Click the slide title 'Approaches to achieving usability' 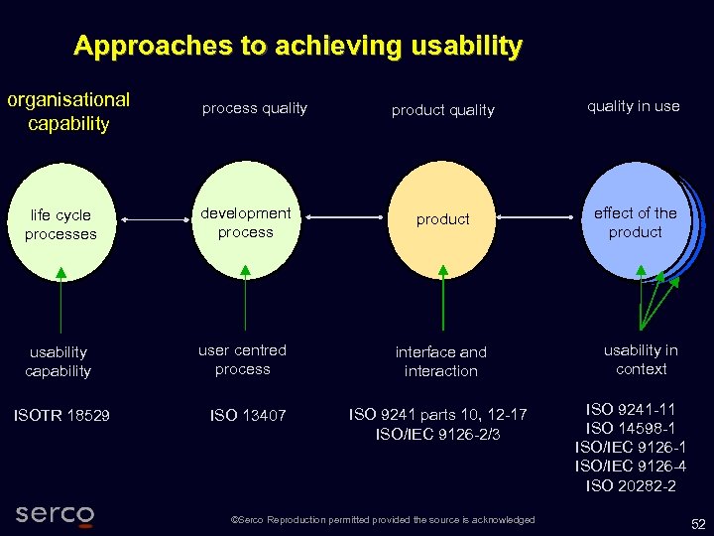(297, 46)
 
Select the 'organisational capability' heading (68, 111)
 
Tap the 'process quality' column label (255, 108)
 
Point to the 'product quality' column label (442, 110)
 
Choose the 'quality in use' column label (633, 106)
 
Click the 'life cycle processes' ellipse (60, 224)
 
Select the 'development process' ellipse (245, 222)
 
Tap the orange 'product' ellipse (442, 219)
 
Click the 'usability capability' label (59, 361)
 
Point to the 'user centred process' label (243, 359)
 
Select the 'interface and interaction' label (441, 361)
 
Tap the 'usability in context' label (641, 359)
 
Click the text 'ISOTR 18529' (61, 416)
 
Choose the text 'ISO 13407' (248, 416)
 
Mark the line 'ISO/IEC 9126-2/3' (438, 434)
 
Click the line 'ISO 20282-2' (631, 485)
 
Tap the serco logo (55, 514)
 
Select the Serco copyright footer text (382, 520)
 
